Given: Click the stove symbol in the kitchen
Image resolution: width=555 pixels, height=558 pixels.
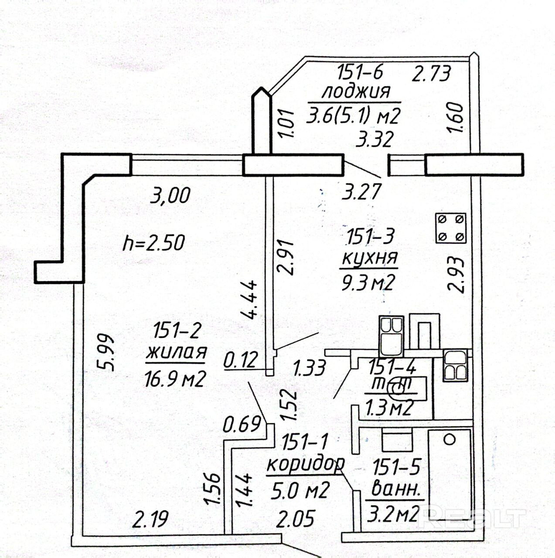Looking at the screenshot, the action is pyautogui.click(x=450, y=228).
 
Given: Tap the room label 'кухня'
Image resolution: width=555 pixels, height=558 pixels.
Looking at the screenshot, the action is pyautogui.click(x=369, y=258).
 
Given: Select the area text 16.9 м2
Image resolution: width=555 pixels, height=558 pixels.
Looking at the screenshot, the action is pyautogui.click(x=175, y=379).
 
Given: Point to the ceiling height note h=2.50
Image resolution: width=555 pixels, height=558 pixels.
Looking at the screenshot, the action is pyautogui.click(x=153, y=242).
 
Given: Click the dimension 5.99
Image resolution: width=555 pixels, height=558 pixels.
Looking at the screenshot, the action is pyautogui.click(x=106, y=352).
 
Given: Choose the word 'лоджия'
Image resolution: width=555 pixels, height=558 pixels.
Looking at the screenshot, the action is pyautogui.click(x=356, y=92).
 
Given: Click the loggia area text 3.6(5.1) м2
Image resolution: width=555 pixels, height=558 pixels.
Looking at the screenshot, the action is pyautogui.click(x=353, y=116).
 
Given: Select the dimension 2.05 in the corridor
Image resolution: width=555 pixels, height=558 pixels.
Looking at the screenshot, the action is pyautogui.click(x=296, y=519).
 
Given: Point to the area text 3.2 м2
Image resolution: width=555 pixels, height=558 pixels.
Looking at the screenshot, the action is pyautogui.click(x=393, y=514).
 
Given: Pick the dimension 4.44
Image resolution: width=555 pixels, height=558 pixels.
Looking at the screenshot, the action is pyautogui.click(x=250, y=299).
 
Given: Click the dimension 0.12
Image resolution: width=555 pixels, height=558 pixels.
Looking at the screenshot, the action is pyautogui.click(x=240, y=361).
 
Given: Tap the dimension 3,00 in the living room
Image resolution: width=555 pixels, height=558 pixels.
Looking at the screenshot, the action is pyautogui.click(x=170, y=195).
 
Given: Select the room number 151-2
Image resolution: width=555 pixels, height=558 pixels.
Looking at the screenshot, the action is pyautogui.click(x=177, y=331).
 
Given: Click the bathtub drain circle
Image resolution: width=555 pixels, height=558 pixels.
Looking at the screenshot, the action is pyautogui.click(x=449, y=439).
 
